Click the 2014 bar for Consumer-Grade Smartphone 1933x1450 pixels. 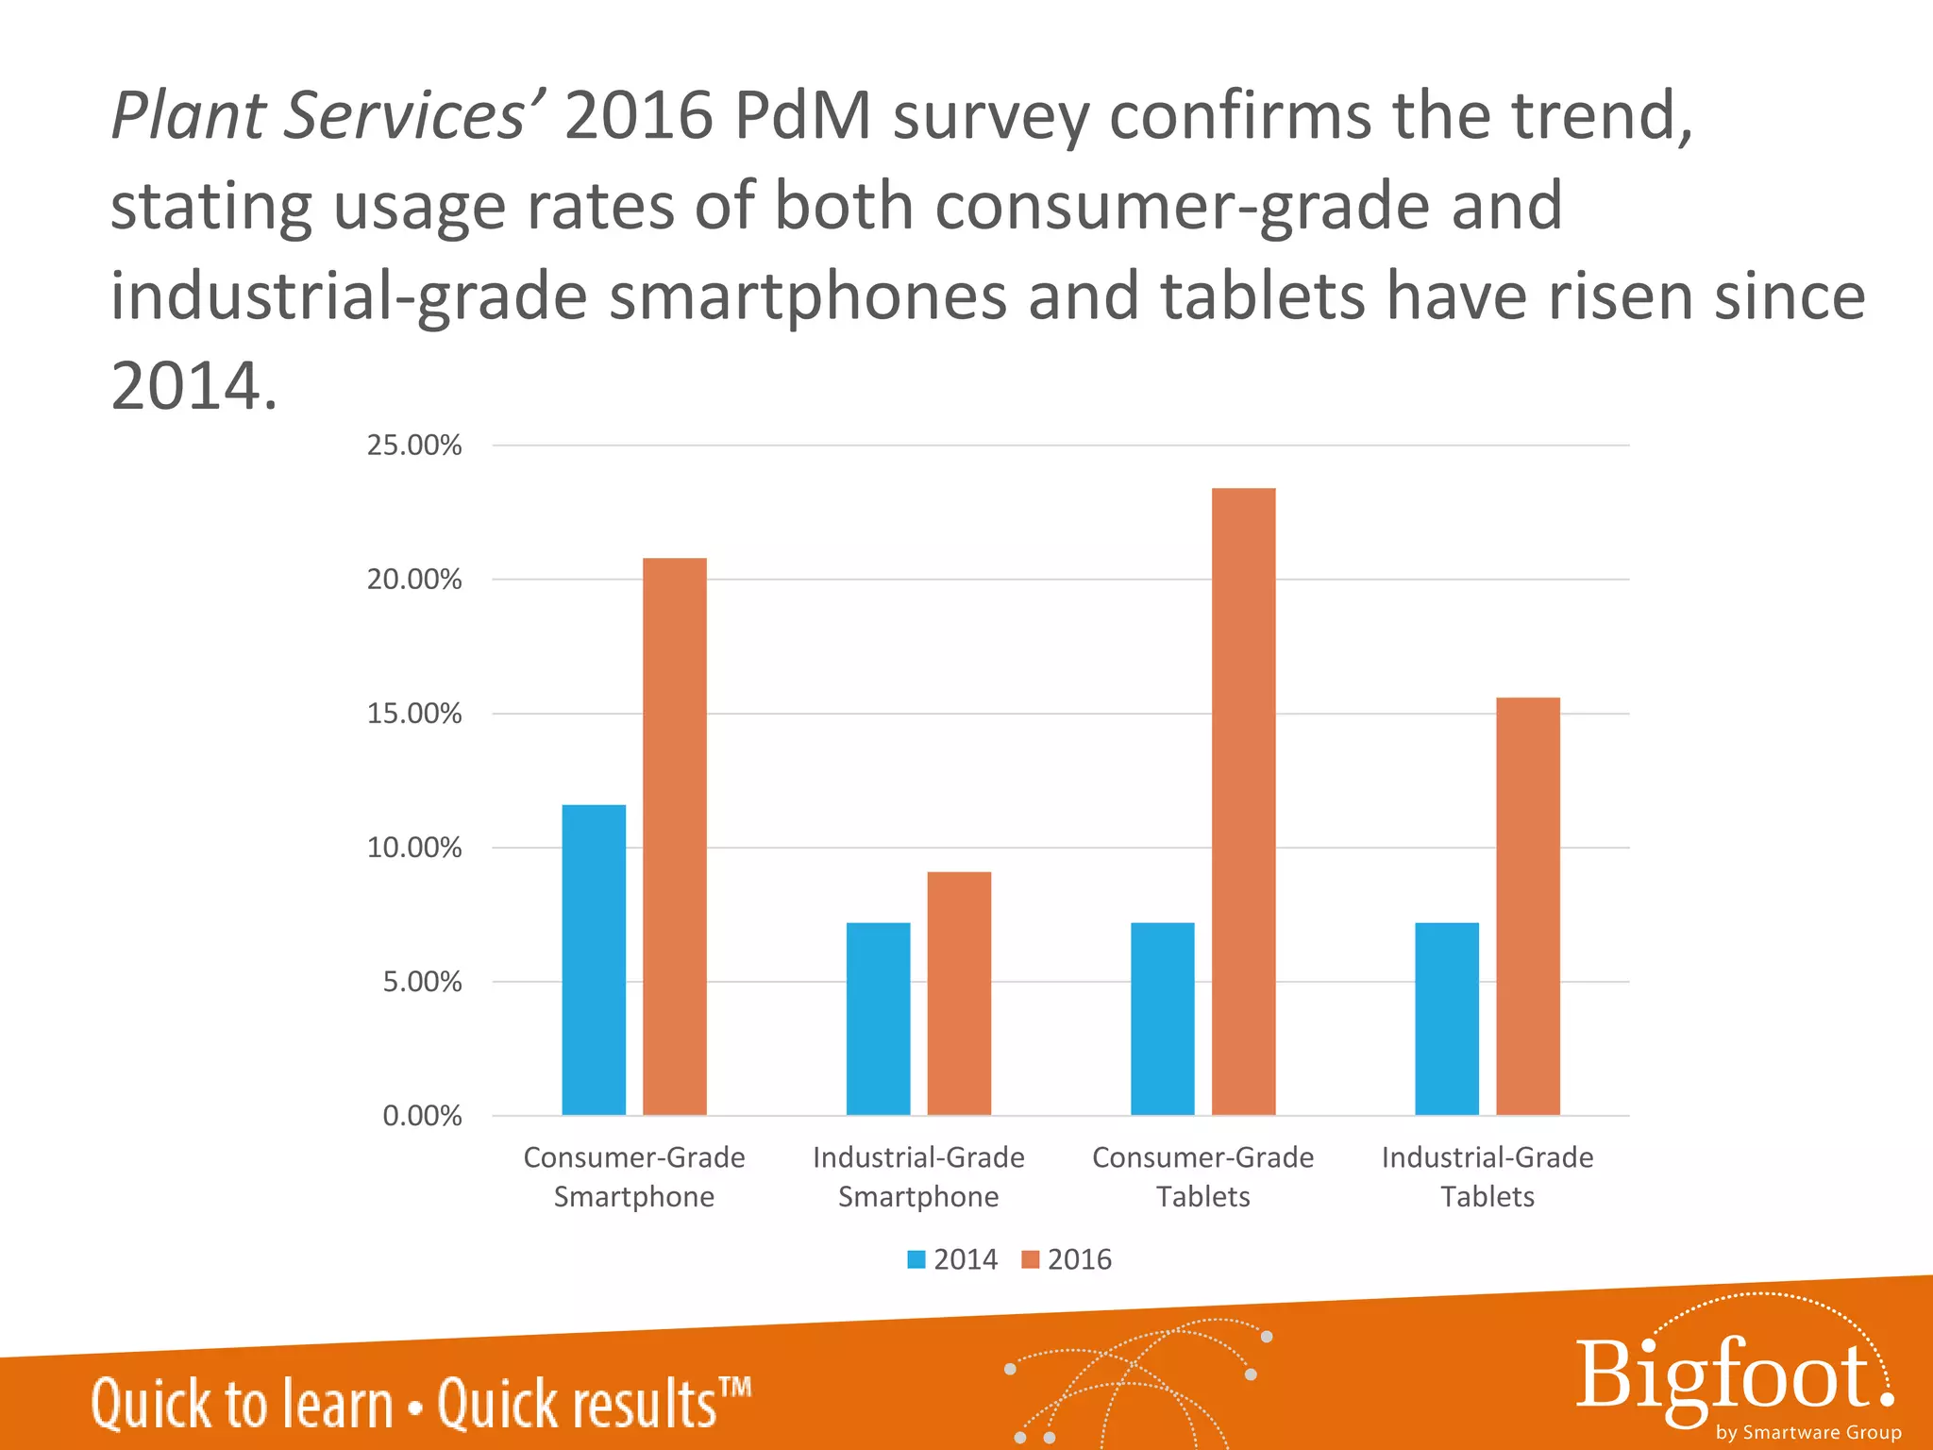click(594, 959)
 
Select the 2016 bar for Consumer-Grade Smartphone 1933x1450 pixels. click(674, 836)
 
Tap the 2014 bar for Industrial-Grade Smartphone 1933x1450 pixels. click(878, 1019)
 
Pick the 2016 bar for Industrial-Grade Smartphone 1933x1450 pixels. click(959, 993)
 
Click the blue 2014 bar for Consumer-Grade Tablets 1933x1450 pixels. click(1162, 1019)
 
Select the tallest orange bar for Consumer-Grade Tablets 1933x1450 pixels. click(1243, 801)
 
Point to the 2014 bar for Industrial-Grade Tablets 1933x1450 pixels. click(1447, 1019)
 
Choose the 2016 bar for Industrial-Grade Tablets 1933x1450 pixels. click(1527, 906)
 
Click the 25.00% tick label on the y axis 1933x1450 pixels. click(414, 446)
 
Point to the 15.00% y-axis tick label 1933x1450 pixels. click(414, 714)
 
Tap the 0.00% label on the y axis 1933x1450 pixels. click(422, 1117)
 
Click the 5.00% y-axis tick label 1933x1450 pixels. click(422, 983)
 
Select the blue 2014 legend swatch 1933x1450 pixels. click(916, 1259)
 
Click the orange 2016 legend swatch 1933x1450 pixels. click(1030, 1259)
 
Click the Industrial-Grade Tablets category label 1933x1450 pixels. click(1488, 1177)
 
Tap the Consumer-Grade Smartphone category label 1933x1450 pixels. click(634, 1177)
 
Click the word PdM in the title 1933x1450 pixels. click(801, 117)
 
